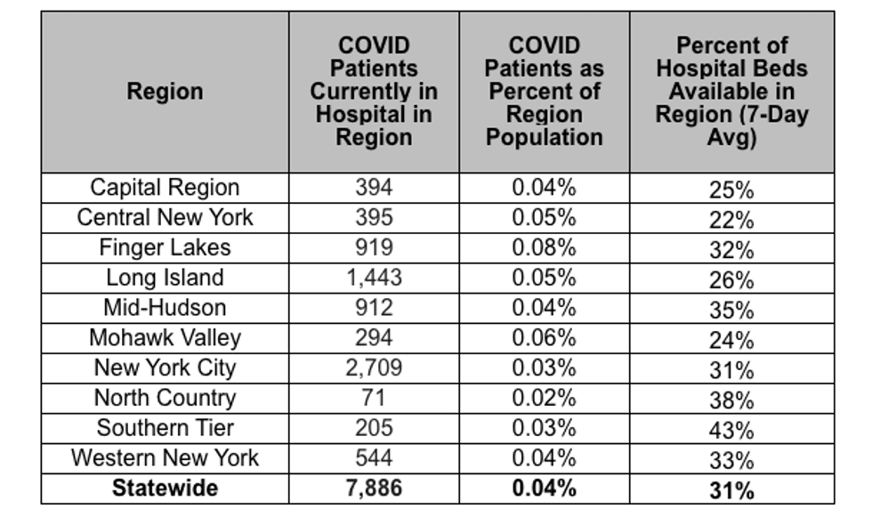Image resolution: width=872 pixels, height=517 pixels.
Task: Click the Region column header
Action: point(165,91)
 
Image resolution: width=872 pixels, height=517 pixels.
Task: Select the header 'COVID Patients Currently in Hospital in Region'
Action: point(374,91)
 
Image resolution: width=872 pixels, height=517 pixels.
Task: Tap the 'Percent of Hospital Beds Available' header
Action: point(731,91)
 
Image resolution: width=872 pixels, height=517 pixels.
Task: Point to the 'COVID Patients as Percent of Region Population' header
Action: point(545,91)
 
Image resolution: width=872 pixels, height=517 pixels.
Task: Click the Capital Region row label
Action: point(165,188)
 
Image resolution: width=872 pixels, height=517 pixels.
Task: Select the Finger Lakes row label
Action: point(165,248)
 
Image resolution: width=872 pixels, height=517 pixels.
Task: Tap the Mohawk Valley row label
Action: point(165,338)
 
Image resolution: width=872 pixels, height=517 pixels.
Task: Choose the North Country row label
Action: point(165,398)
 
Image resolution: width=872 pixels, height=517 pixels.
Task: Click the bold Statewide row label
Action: point(165,489)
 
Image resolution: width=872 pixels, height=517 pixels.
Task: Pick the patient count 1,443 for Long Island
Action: point(374,278)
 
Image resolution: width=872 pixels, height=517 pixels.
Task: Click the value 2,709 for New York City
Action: point(374,368)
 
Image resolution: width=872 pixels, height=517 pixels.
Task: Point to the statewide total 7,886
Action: point(374,489)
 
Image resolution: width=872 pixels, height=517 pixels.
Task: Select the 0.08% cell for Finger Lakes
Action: point(544,248)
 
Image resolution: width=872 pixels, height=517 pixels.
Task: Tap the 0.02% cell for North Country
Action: point(544,398)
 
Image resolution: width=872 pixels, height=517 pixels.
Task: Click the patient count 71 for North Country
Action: point(374,398)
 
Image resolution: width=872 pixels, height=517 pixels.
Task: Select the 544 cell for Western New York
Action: point(374,458)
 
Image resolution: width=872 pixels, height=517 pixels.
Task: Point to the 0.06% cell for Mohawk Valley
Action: point(544,338)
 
